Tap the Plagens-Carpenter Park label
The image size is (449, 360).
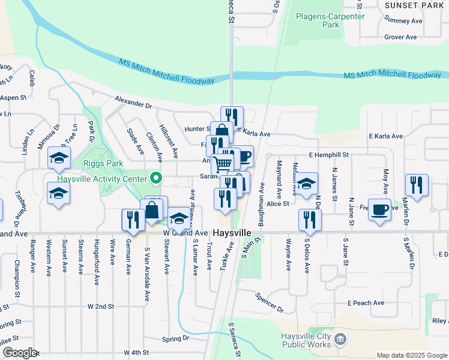(330, 20)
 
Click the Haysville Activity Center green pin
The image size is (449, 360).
(156, 178)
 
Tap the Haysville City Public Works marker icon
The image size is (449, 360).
(340, 340)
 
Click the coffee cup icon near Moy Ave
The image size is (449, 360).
(379, 209)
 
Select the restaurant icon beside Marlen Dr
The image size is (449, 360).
(416, 185)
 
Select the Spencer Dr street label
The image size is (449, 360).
(268, 302)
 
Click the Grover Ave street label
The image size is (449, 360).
(400, 37)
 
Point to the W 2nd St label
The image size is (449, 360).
(101, 307)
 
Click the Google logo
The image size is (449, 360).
(19, 352)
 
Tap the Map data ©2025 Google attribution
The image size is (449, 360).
(411, 355)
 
